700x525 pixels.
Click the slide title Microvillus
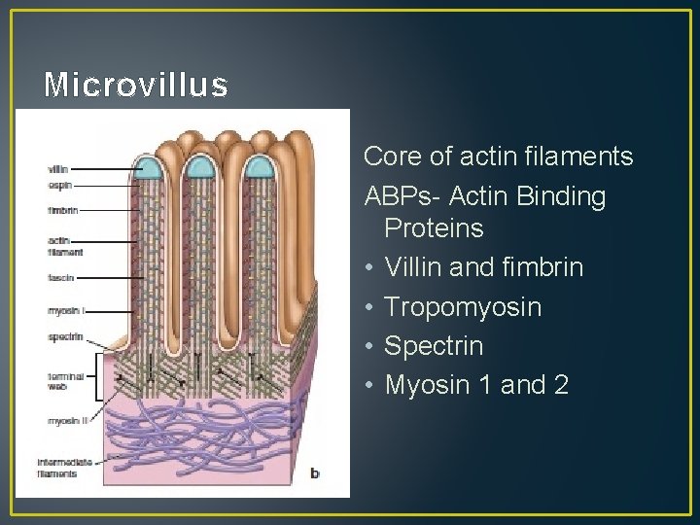(x=136, y=86)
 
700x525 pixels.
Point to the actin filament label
(x=64, y=245)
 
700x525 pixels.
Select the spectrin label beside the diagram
(x=64, y=336)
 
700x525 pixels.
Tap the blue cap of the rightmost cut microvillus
(x=260, y=167)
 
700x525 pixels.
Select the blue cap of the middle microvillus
(x=205, y=167)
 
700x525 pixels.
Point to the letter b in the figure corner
(x=314, y=473)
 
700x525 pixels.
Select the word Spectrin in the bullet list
(x=434, y=346)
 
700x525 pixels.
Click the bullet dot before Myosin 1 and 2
(x=370, y=385)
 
